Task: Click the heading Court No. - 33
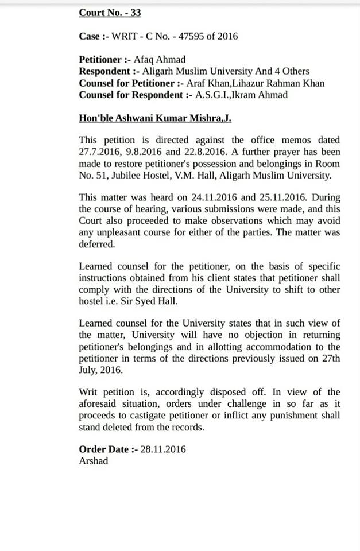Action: (110, 13)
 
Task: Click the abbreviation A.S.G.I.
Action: (214, 95)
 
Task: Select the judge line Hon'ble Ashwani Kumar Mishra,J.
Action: (154, 118)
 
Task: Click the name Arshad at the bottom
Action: (93, 461)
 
